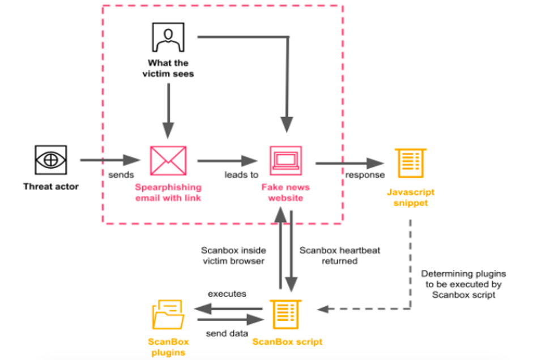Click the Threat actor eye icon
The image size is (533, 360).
tap(51, 160)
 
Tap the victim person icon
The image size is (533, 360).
tap(168, 37)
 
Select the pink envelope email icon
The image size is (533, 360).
tap(168, 161)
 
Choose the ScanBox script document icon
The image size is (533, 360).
tap(285, 314)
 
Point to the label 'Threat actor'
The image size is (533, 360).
tap(51, 186)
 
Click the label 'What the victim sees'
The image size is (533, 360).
tap(168, 68)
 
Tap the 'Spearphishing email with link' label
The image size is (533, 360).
tap(168, 192)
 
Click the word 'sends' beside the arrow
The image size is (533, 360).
tap(121, 175)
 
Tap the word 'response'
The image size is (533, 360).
tap(365, 175)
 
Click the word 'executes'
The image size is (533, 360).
tap(227, 294)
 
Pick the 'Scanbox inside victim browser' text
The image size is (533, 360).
tap(233, 255)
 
